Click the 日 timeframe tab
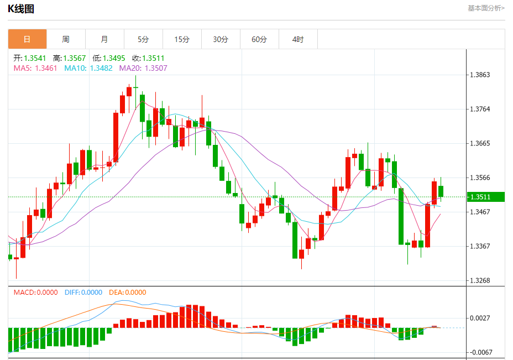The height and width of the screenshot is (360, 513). click(x=27, y=39)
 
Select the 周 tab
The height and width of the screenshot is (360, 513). click(x=66, y=39)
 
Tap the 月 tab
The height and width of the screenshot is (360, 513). click(x=104, y=39)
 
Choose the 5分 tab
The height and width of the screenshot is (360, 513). click(x=143, y=39)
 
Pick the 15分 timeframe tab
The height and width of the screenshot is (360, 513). click(x=182, y=39)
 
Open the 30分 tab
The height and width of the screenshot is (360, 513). click(x=221, y=39)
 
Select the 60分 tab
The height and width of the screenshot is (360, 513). click(x=259, y=39)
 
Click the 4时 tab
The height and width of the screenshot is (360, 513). click(x=298, y=39)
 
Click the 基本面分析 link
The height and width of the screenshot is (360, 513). click(x=486, y=8)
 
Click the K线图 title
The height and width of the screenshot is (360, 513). click(x=21, y=8)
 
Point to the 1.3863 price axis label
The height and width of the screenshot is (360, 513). click(x=480, y=75)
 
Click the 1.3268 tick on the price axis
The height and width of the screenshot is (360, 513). click(x=480, y=280)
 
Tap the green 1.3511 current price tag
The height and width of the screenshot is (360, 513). click(x=486, y=197)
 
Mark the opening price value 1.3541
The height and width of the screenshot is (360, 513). click(x=35, y=58)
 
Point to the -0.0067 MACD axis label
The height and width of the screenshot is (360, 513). click(x=480, y=352)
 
